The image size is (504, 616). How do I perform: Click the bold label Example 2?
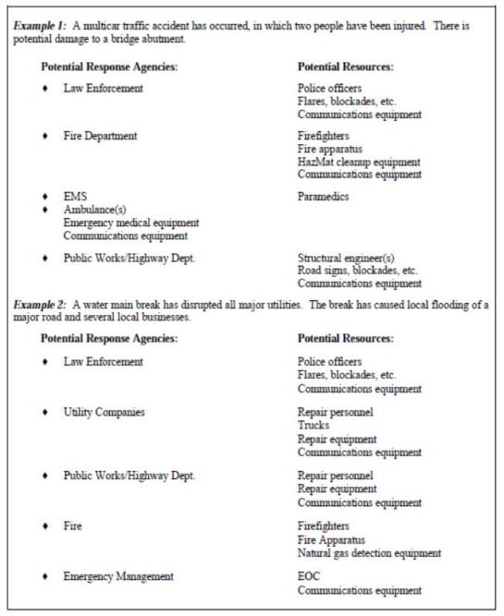39,305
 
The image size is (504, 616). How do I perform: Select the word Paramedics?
324,197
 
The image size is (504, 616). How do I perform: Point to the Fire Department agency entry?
100,136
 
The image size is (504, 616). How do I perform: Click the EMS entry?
74,197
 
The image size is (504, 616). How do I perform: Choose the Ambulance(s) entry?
94,210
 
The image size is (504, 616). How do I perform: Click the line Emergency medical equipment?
130,223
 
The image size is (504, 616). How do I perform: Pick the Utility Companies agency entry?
104,412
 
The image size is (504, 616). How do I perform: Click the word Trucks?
313,426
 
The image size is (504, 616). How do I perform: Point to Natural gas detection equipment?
369,553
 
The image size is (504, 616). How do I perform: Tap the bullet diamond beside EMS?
46,198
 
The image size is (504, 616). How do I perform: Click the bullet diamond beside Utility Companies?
46,413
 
